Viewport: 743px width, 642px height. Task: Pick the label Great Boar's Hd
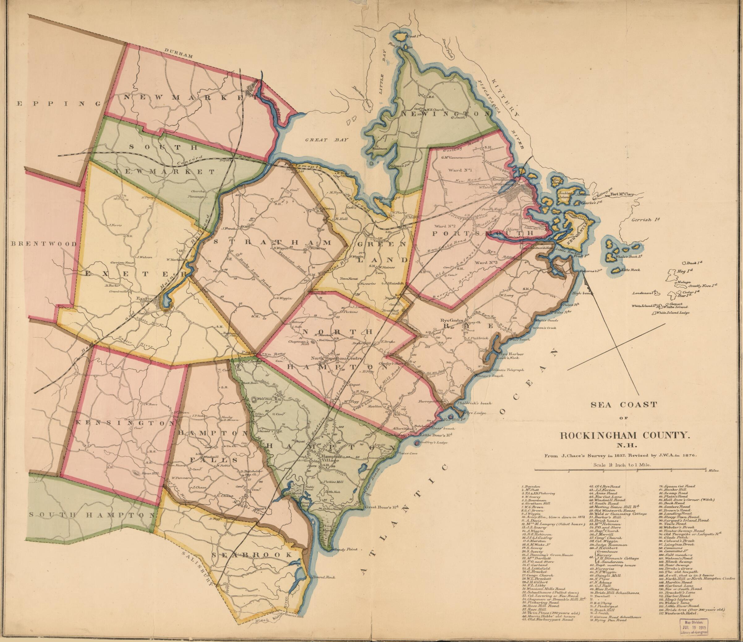pyautogui.click(x=382, y=507)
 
